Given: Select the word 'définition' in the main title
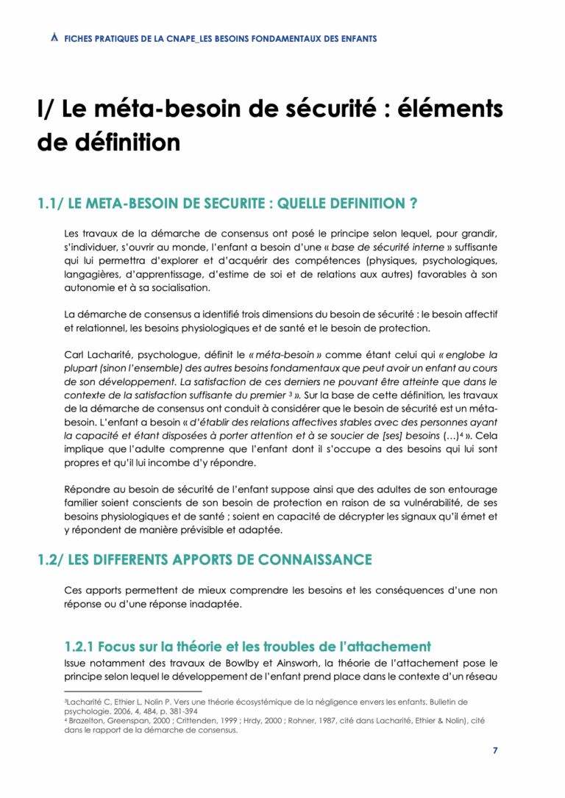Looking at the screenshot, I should pyautogui.click(x=129, y=142).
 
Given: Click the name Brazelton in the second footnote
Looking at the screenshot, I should pyautogui.click(x=86, y=721).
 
